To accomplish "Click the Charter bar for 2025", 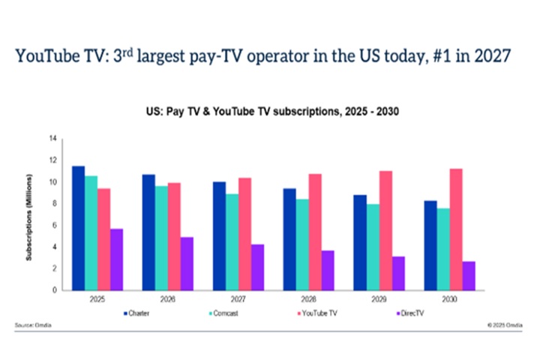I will tap(78, 228).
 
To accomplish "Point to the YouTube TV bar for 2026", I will tap(175, 236).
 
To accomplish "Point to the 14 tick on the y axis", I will tap(53, 139).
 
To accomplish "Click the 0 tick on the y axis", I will tap(55, 290).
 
